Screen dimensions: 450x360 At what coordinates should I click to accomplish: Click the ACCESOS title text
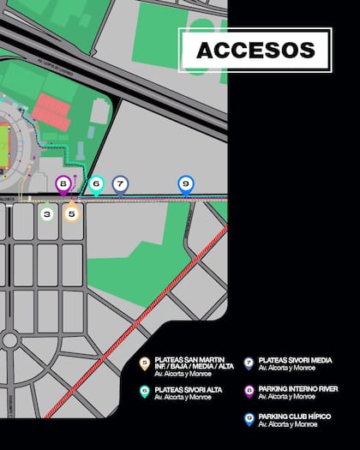255,50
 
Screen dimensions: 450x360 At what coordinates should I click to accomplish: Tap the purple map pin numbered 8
63,183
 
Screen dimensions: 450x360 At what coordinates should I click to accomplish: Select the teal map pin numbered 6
96,183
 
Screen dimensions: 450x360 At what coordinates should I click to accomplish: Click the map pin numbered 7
120,183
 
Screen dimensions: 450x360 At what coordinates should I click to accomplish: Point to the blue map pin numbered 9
185,183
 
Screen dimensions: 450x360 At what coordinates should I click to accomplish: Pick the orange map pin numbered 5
72,213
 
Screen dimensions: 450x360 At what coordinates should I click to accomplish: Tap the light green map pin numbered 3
46,213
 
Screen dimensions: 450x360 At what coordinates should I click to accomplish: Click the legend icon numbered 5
145,363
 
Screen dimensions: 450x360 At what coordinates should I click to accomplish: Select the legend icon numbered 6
145,391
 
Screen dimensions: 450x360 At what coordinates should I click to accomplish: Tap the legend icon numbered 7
249,363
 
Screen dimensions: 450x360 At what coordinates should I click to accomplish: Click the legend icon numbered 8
249,391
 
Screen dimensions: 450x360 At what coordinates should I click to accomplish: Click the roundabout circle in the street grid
9,339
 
